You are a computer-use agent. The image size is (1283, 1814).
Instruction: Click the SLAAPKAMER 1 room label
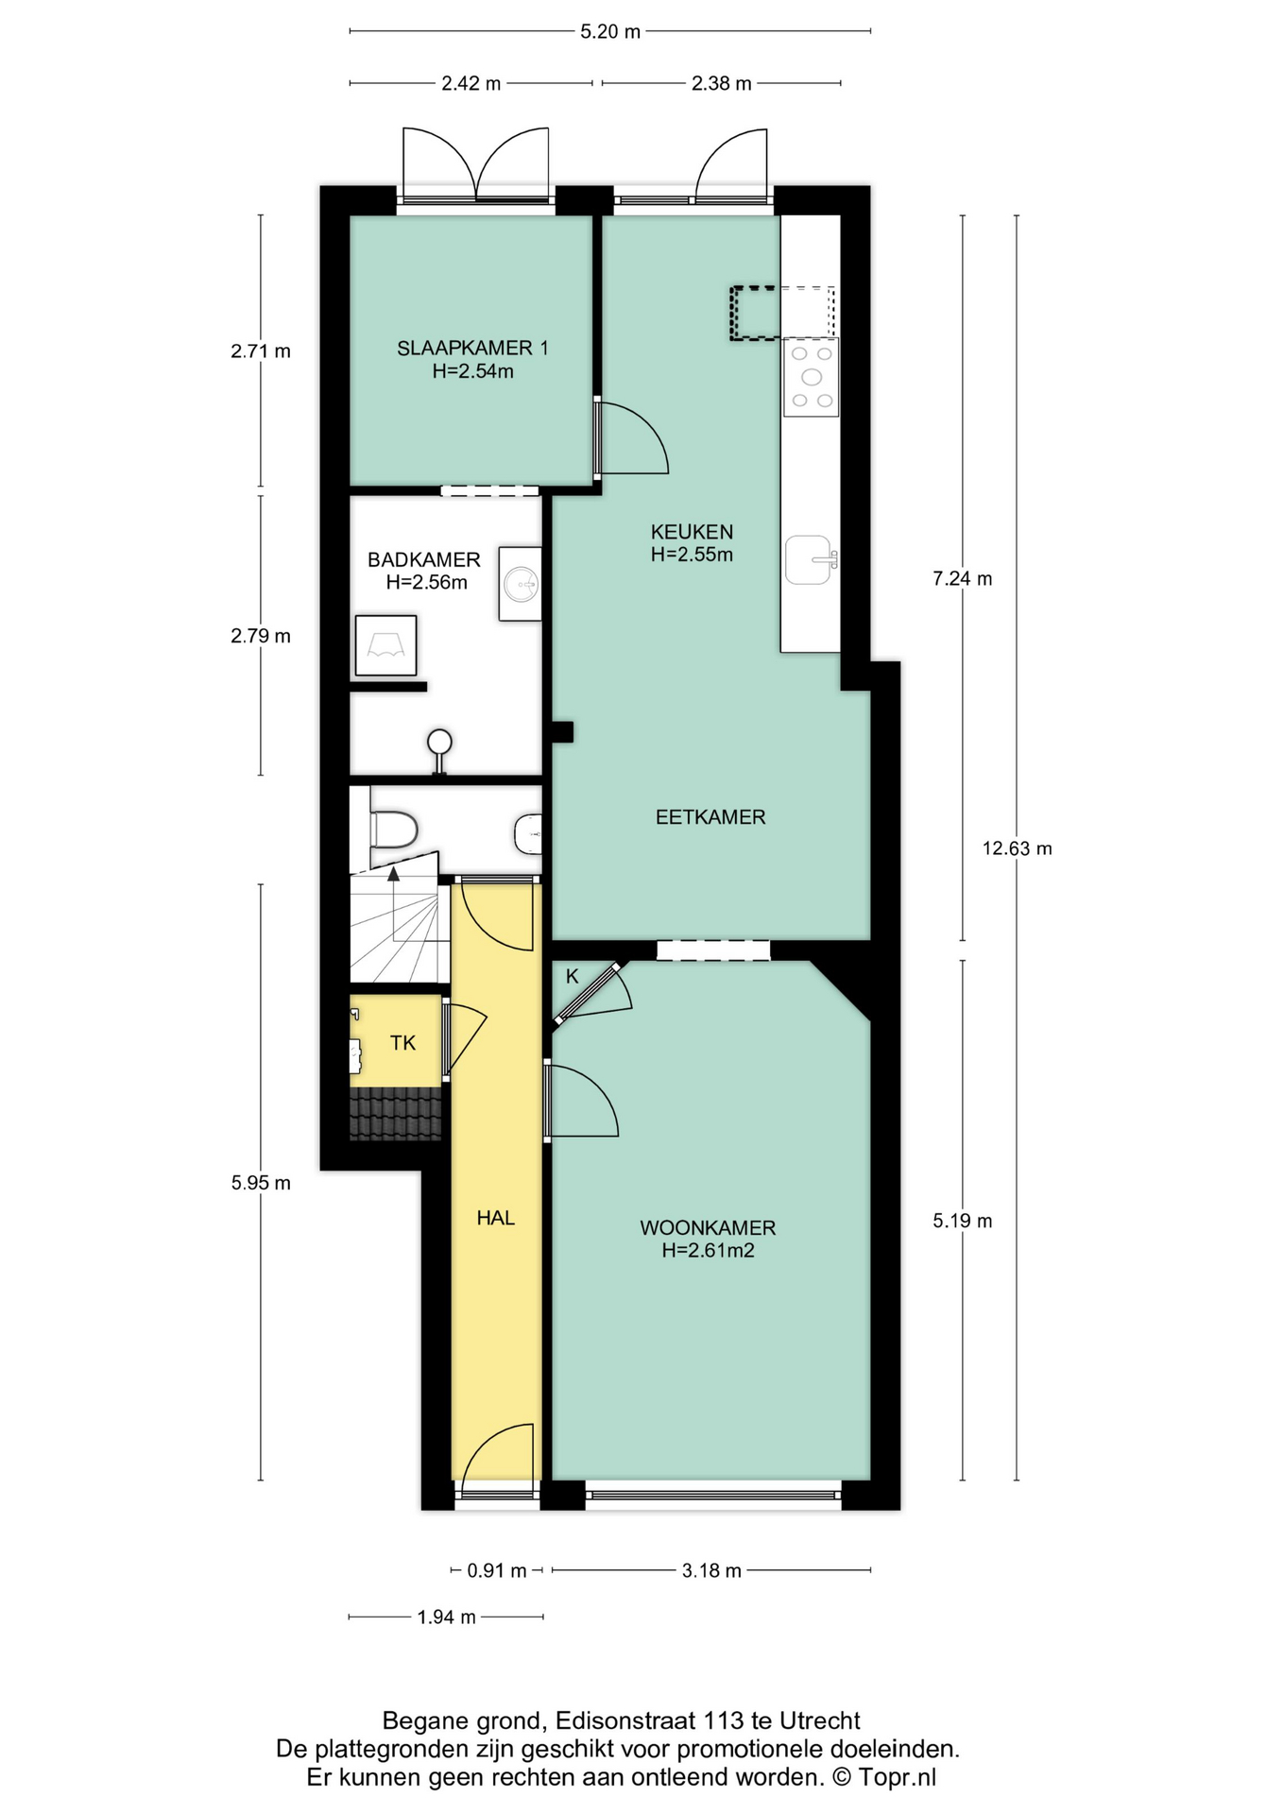point(472,348)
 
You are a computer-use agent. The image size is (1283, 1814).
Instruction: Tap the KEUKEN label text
point(692,532)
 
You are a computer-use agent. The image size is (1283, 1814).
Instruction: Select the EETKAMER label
point(710,817)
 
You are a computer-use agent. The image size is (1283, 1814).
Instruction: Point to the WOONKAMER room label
point(708,1228)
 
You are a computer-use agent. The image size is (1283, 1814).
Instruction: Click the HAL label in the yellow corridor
point(496,1218)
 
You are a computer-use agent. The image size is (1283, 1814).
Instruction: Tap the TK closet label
point(403,1043)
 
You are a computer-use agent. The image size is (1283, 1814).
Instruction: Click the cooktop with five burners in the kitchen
point(812,377)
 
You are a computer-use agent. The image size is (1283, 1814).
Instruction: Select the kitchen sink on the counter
point(810,559)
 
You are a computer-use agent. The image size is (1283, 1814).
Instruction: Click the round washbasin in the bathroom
point(521,584)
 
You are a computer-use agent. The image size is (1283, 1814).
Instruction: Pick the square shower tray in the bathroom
point(385,645)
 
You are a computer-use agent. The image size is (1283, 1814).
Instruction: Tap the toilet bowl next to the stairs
point(394,830)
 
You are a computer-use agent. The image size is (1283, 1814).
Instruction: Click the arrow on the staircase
point(393,902)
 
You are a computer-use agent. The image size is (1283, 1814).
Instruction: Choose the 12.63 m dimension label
point(1017,848)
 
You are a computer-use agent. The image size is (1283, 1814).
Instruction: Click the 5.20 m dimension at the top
point(610,31)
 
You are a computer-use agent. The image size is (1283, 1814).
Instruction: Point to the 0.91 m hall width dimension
point(497,1571)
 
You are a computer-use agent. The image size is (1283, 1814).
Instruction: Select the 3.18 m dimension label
point(711,1571)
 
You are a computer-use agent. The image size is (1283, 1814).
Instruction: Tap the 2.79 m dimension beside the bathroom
point(261,636)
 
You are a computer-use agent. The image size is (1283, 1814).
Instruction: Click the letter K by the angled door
point(572,977)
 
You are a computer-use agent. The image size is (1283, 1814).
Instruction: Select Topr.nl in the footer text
point(898,1777)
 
